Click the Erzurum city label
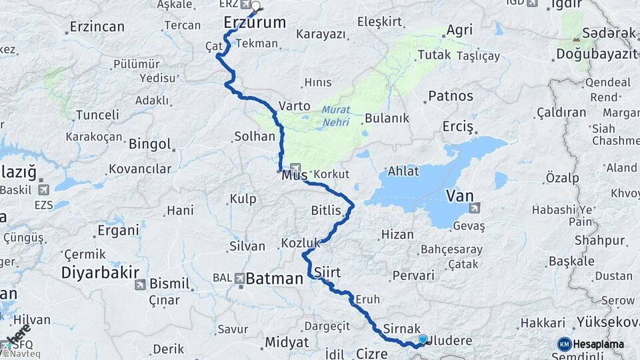click(255, 23)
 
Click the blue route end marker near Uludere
click(423, 339)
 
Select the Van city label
click(459, 195)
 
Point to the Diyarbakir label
click(100, 272)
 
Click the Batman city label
click(274, 279)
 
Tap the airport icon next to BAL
click(239, 278)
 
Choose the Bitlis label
click(326, 211)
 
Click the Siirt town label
click(327, 272)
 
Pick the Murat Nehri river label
click(335, 116)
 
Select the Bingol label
click(150, 144)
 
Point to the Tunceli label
click(97, 115)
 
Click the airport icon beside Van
click(475, 208)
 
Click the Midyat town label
click(287, 342)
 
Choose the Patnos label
click(451, 96)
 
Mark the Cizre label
click(372, 353)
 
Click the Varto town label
click(295, 105)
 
